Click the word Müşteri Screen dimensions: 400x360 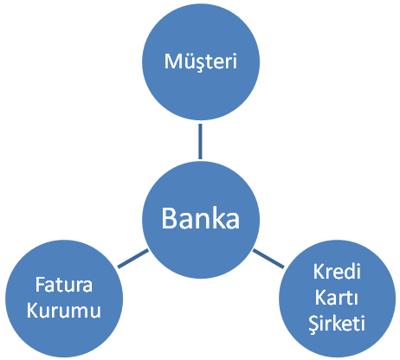(x=201, y=61)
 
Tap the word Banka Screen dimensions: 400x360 (x=201, y=218)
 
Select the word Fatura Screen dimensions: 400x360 (x=64, y=285)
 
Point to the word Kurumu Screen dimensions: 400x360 (x=64, y=310)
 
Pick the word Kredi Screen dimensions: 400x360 (x=337, y=272)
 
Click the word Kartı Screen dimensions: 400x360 (x=337, y=297)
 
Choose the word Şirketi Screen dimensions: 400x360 (x=337, y=323)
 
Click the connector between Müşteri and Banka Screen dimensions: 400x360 (x=200, y=141)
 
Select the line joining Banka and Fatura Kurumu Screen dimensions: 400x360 (x=133, y=259)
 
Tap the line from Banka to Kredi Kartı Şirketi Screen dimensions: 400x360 (x=268, y=259)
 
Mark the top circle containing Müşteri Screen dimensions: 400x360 (x=201, y=61)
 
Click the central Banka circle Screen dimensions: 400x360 (x=201, y=220)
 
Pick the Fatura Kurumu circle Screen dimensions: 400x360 (x=64, y=299)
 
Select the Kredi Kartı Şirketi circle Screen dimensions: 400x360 (x=337, y=299)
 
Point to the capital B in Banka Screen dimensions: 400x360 (x=169, y=218)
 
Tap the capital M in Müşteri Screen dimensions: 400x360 (x=172, y=61)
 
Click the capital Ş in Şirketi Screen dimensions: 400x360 (x=314, y=324)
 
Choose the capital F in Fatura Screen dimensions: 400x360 (x=40, y=285)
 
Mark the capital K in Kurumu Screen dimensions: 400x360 (x=32, y=311)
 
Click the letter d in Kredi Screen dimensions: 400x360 (x=349, y=272)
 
